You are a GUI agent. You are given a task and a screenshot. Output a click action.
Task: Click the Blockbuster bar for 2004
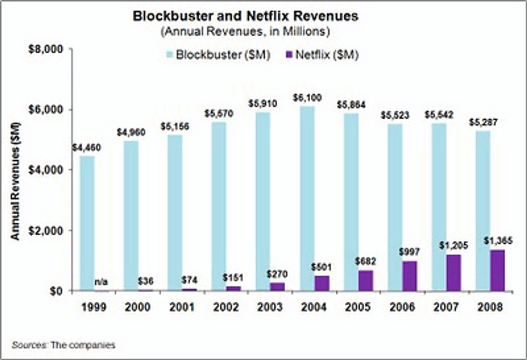(x=307, y=198)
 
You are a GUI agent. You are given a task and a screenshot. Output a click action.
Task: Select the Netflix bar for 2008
(x=497, y=270)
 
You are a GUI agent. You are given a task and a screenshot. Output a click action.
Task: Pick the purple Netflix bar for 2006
(x=409, y=276)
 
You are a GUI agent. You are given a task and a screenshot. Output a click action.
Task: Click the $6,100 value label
(x=307, y=98)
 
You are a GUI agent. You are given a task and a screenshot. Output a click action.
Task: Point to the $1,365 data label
(x=498, y=241)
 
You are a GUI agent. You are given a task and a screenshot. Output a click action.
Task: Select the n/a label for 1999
(x=101, y=282)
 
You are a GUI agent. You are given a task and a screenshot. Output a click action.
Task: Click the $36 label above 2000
(x=145, y=281)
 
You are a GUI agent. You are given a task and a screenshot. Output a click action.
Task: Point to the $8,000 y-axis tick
(x=45, y=49)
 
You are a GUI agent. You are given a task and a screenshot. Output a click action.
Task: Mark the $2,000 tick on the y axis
(x=45, y=231)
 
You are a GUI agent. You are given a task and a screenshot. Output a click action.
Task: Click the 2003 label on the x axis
(x=270, y=307)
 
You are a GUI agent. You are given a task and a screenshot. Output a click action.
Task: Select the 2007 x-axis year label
(x=446, y=307)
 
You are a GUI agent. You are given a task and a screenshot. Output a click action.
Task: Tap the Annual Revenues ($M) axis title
(x=15, y=181)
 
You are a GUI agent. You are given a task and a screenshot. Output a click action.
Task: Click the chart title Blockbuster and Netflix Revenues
(x=245, y=16)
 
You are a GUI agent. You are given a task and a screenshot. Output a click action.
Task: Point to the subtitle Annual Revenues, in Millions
(x=245, y=32)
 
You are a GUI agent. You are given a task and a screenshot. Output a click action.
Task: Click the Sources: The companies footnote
(x=64, y=345)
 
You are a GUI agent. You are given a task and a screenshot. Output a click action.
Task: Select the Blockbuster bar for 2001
(x=175, y=213)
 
